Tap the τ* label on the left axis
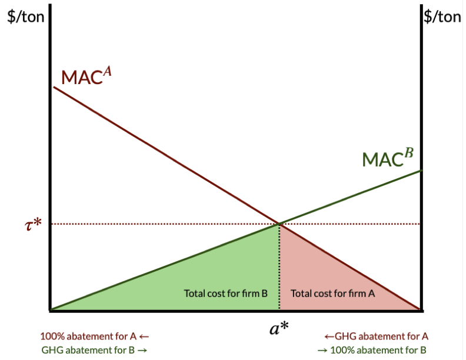point(33,224)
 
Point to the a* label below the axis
point(279,328)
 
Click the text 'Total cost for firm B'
point(225,294)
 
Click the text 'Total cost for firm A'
point(332,294)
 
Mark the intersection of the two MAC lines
point(279,224)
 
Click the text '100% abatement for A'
point(88,336)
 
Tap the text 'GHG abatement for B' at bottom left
point(88,350)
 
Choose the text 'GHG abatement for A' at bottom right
point(382,336)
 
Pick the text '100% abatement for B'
point(378,350)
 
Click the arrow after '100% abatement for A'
point(144,337)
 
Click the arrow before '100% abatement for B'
point(322,351)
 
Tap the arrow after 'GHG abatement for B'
point(142,351)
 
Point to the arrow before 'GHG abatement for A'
point(329,337)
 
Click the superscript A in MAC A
point(107,71)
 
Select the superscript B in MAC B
point(410,153)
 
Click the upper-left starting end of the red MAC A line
point(54,86)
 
